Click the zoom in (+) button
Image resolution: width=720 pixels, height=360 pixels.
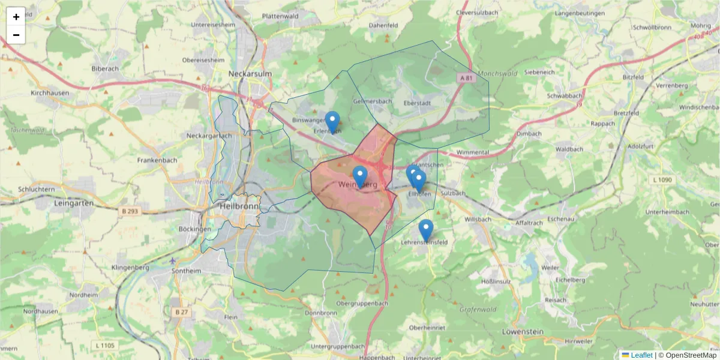[16, 17]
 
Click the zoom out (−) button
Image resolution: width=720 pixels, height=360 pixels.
[16, 35]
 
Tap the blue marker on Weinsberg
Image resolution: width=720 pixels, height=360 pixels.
[360, 176]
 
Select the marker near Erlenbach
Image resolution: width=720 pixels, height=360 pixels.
[332, 121]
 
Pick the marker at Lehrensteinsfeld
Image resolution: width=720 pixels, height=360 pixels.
[426, 229]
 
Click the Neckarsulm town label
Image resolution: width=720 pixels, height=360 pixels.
[250, 74]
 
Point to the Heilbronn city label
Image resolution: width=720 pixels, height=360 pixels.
[238, 205]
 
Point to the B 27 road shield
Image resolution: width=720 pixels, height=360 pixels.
[181, 312]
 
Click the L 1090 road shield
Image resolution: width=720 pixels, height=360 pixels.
[662, 180]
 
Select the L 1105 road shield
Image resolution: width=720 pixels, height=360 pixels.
[105, 345]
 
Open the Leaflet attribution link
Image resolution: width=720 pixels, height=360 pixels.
[641, 355]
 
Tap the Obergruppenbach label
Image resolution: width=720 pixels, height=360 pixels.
[361, 304]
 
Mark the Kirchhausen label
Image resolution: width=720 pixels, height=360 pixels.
[50, 93]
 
